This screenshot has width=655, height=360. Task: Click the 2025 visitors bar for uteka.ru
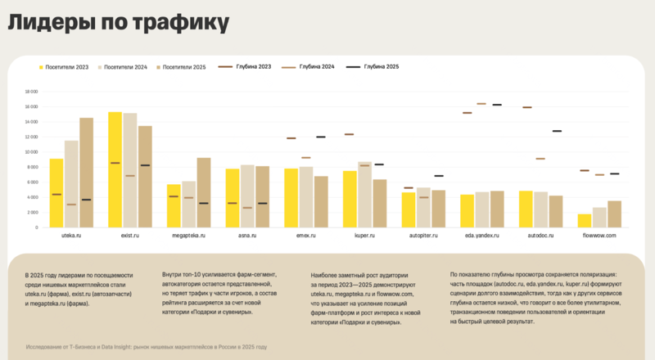(86, 173)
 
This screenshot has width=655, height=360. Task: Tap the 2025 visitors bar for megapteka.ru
(204, 192)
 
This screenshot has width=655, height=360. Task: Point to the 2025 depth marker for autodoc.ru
(557, 131)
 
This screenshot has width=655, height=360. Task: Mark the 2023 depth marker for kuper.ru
(350, 134)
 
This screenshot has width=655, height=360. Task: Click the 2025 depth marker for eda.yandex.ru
(497, 105)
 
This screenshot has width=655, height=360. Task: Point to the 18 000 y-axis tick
(32, 92)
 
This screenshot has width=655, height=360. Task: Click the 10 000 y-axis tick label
(32, 151)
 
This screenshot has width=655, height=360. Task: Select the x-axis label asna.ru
(247, 235)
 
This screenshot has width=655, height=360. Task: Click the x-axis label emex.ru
(307, 235)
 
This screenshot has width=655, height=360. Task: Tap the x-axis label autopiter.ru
(424, 235)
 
